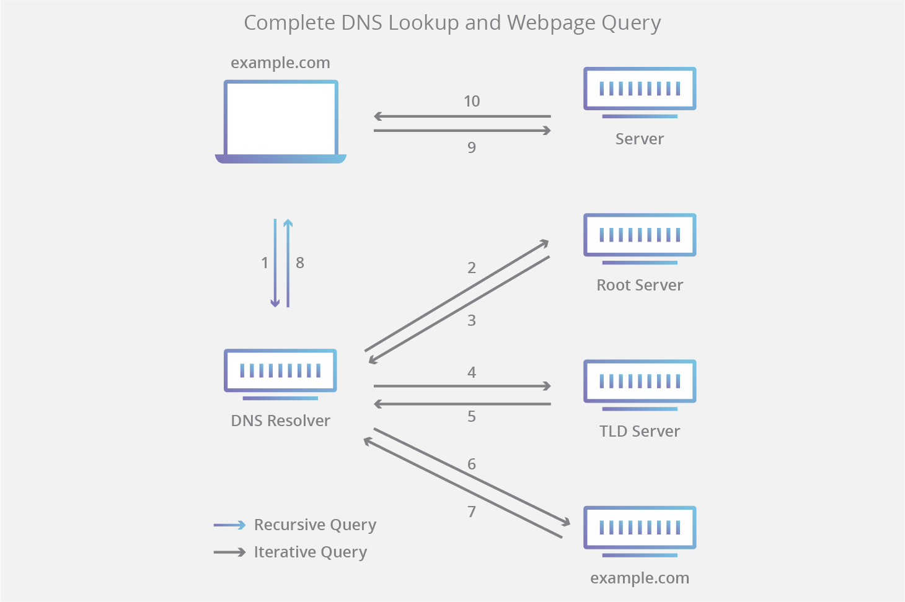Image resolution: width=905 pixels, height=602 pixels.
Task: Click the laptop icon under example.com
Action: point(280,121)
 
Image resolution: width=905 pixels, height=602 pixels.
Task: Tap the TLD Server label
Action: point(640,431)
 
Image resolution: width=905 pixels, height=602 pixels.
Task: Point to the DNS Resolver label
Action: point(280,421)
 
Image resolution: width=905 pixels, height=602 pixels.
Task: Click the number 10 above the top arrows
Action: point(472,101)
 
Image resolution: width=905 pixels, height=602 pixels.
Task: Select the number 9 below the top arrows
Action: point(472,147)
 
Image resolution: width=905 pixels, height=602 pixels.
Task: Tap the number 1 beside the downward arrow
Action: point(265,263)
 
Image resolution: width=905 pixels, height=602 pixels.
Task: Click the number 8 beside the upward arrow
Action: point(300,263)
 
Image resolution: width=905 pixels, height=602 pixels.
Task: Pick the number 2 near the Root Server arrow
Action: point(472,268)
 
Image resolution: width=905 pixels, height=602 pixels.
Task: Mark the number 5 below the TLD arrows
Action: point(472,416)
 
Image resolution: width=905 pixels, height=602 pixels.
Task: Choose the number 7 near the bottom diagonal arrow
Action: point(472,512)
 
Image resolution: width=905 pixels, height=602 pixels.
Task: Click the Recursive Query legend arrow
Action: point(230,525)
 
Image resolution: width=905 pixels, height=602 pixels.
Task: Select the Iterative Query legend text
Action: point(310,552)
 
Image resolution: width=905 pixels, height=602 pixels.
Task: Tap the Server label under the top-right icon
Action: point(640,139)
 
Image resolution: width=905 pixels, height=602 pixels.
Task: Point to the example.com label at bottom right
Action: point(640,578)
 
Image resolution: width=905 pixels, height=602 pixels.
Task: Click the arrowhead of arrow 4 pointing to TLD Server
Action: point(547,386)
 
